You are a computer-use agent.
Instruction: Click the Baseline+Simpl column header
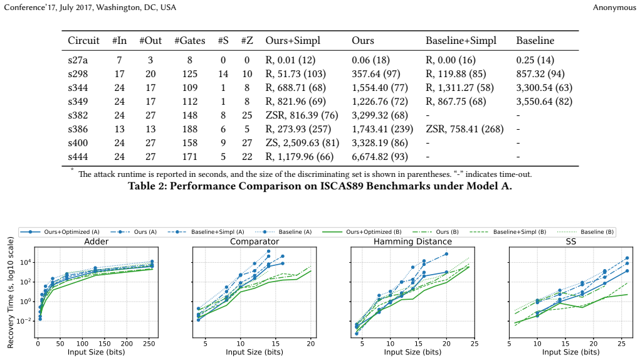pyautogui.click(x=461, y=40)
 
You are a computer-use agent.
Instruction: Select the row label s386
pyautogui.click(x=78, y=129)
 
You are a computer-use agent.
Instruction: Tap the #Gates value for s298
pyautogui.click(x=190, y=74)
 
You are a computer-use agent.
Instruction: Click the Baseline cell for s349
pyautogui.click(x=544, y=102)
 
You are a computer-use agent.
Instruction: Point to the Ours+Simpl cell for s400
pyautogui.click(x=303, y=143)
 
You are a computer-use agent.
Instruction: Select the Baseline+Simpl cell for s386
pyautogui.click(x=464, y=129)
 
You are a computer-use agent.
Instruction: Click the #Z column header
pyautogui.click(x=247, y=40)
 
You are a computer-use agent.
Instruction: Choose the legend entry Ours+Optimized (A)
pyautogui.click(x=61, y=232)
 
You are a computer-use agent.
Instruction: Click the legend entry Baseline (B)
pyautogui.click(x=585, y=232)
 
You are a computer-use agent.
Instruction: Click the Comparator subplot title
pyautogui.click(x=254, y=241)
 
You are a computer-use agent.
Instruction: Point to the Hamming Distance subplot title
pyautogui.click(x=412, y=241)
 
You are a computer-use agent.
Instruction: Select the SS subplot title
pyautogui.click(x=570, y=241)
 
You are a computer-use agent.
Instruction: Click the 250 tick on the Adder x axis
pyautogui.click(x=149, y=344)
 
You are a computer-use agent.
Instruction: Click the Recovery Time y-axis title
pyautogui.click(x=11, y=292)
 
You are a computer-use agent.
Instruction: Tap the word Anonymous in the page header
pyautogui.click(x=614, y=8)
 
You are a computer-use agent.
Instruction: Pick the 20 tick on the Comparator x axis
pyautogui.click(x=311, y=344)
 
